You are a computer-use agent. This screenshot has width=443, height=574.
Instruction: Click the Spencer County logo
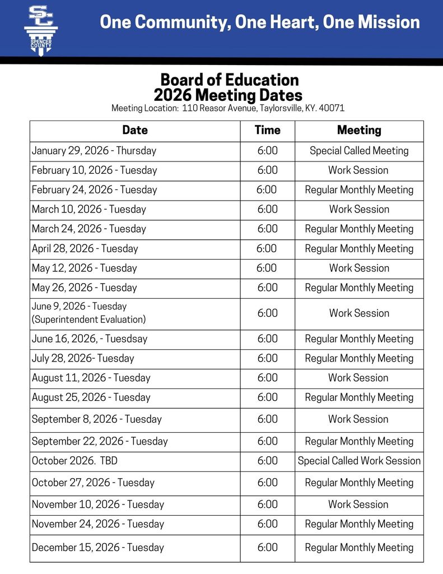tap(40, 29)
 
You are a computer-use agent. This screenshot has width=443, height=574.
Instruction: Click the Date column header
tap(135, 130)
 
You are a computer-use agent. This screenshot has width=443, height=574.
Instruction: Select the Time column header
tap(267, 130)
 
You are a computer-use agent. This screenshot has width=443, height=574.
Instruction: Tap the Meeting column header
tap(359, 130)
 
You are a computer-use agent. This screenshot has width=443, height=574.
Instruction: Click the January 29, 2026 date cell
tap(94, 151)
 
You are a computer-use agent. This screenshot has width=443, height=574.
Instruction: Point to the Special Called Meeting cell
tap(359, 151)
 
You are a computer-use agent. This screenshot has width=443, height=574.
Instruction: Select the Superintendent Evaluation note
tap(88, 320)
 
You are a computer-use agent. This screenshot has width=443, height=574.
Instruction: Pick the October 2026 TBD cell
tap(74, 461)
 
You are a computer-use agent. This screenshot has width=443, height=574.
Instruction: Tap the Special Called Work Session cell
tap(359, 461)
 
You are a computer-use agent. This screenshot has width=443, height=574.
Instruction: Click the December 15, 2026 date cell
tap(98, 547)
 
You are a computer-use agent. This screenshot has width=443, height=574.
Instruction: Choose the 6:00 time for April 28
tap(267, 248)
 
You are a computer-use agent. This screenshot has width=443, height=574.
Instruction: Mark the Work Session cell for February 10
tap(358, 170)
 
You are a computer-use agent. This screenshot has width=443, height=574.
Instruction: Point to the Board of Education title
tap(230, 80)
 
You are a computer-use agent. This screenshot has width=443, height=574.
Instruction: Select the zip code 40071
tap(332, 108)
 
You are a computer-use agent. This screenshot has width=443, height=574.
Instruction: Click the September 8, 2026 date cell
tap(96, 419)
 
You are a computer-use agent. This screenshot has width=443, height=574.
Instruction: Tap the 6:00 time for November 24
tap(267, 524)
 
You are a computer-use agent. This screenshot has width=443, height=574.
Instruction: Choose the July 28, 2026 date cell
tap(83, 358)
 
